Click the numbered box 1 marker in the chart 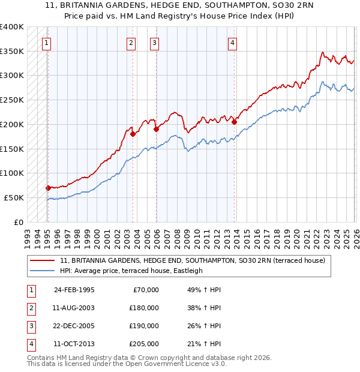(x=46, y=43)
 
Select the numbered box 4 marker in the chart (x=232, y=43)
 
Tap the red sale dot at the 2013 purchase (x=235, y=122)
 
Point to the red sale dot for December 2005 (x=156, y=129)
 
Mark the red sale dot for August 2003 (x=133, y=134)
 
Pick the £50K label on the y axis (x=14, y=197)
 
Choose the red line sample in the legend (x=43, y=261)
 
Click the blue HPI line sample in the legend (x=43, y=271)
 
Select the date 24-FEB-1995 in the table (x=74, y=290)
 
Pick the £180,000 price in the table (x=144, y=308)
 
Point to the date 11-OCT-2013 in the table (x=74, y=344)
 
